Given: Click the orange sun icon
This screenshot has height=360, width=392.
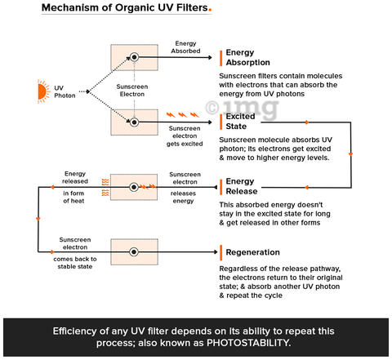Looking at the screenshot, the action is tap(43, 91).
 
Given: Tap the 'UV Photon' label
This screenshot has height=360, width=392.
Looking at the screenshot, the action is tap(65, 91).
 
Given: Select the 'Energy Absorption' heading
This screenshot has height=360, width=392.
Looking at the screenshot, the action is tap(247, 57).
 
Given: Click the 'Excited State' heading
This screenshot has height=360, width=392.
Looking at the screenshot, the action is tap(240, 122).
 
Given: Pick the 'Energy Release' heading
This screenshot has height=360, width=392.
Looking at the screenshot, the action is tap(242, 186).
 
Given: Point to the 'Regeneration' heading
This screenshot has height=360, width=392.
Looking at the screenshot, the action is tap(252, 252).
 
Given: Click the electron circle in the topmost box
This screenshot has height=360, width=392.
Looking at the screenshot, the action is tap(134, 57).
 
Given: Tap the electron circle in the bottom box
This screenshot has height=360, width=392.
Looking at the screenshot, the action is tap(134, 252).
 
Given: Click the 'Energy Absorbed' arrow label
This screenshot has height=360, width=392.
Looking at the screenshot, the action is tap(185, 47).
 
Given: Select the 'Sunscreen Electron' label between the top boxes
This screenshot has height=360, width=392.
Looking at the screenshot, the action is tap(132, 91).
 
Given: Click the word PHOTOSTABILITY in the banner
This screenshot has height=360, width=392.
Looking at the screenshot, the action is tap(248, 343).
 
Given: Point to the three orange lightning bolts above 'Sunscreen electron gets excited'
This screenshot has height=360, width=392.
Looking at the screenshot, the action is tap(183, 115).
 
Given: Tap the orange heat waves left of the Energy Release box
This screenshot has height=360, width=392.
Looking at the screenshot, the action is tap(105, 187).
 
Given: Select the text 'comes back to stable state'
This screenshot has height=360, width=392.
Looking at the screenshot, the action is tap(75, 263).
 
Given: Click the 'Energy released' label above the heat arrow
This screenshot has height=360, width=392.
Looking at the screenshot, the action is tap(75, 177).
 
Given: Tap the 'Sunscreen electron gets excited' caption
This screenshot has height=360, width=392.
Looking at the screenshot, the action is tap(185, 136).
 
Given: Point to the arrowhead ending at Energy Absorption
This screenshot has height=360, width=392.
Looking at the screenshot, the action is tap(210, 57).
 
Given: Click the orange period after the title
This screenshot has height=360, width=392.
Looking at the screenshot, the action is tap(210, 11).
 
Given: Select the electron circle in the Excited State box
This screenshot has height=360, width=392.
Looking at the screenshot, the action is tap(134, 122).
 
